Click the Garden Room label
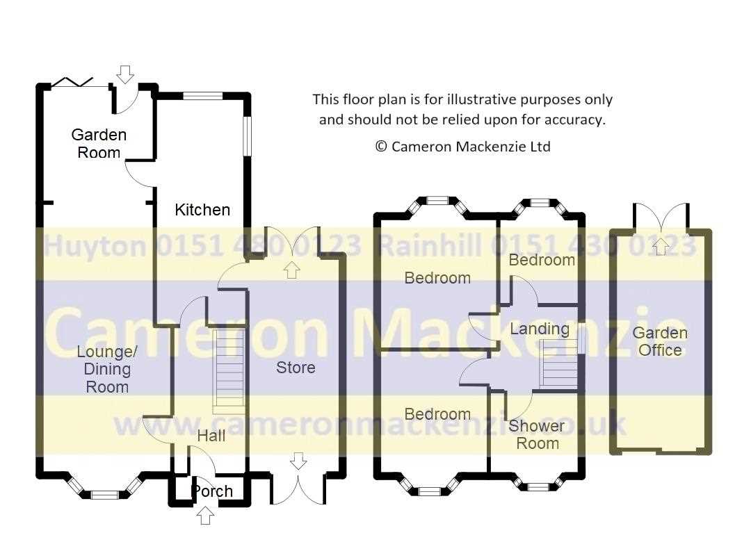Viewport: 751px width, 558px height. tap(99, 144)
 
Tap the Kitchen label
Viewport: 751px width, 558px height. tap(202, 210)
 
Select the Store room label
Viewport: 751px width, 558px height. tap(296, 368)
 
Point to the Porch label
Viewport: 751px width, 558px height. tap(212, 491)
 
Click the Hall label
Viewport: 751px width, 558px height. tap(211, 436)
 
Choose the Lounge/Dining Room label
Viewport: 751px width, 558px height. tap(107, 369)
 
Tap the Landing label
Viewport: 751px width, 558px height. tap(540, 329)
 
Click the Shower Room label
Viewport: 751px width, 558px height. tap(536, 434)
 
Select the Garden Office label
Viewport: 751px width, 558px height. tap(660, 341)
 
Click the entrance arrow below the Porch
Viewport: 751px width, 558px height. tap(205, 516)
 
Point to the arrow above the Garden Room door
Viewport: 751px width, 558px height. tap(125, 74)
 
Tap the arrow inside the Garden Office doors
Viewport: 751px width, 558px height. tap(661, 246)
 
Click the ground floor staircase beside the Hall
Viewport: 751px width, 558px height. tap(229, 370)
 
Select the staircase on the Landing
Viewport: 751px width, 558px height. tap(558, 363)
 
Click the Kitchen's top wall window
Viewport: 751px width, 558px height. tap(202, 96)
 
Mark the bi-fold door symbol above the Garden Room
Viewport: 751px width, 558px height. tap(72, 82)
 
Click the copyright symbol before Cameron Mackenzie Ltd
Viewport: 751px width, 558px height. tap(381, 146)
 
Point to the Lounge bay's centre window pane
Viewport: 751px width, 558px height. tap(104, 494)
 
